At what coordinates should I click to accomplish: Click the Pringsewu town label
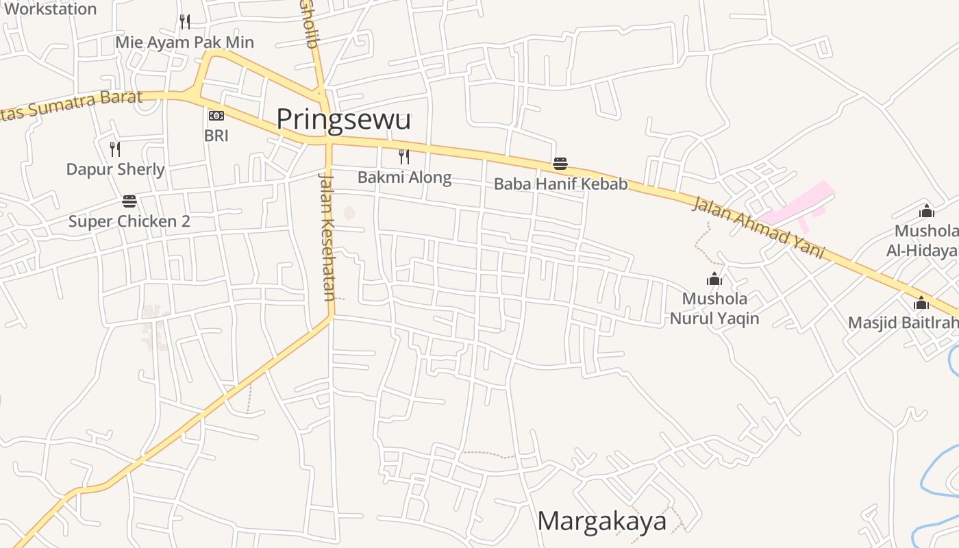click(x=343, y=120)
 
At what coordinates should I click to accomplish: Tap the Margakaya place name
click(x=601, y=521)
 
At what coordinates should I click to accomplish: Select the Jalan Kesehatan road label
click(x=327, y=236)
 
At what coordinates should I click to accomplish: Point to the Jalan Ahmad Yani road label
click(x=758, y=227)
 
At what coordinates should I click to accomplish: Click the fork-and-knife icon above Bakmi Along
click(x=404, y=157)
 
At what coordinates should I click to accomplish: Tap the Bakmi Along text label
click(x=404, y=178)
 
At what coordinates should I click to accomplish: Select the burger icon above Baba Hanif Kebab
click(x=560, y=164)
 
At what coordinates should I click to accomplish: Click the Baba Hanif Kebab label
click(x=560, y=184)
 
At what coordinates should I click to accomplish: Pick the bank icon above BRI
click(x=216, y=116)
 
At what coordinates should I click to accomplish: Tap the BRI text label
click(x=216, y=136)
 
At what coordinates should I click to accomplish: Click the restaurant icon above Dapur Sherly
click(x=115, y=149)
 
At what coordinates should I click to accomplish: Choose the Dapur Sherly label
click(x=115, y=169)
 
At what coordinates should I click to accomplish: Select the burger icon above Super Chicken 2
click(x=129, y=201)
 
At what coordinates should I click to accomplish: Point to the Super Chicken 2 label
click(x=129, y=221)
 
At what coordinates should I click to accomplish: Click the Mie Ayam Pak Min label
click(x=184, y=42)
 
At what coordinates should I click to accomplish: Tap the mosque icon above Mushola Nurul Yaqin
click(x=714, y=279)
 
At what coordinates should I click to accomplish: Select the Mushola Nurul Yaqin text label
click(x=714, y=308)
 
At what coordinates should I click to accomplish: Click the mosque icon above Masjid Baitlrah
click(x=921, y=303)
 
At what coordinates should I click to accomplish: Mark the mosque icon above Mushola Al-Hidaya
click(x=927, y=211)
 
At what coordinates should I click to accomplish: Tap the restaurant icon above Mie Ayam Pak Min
click(x=184, y=22)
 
